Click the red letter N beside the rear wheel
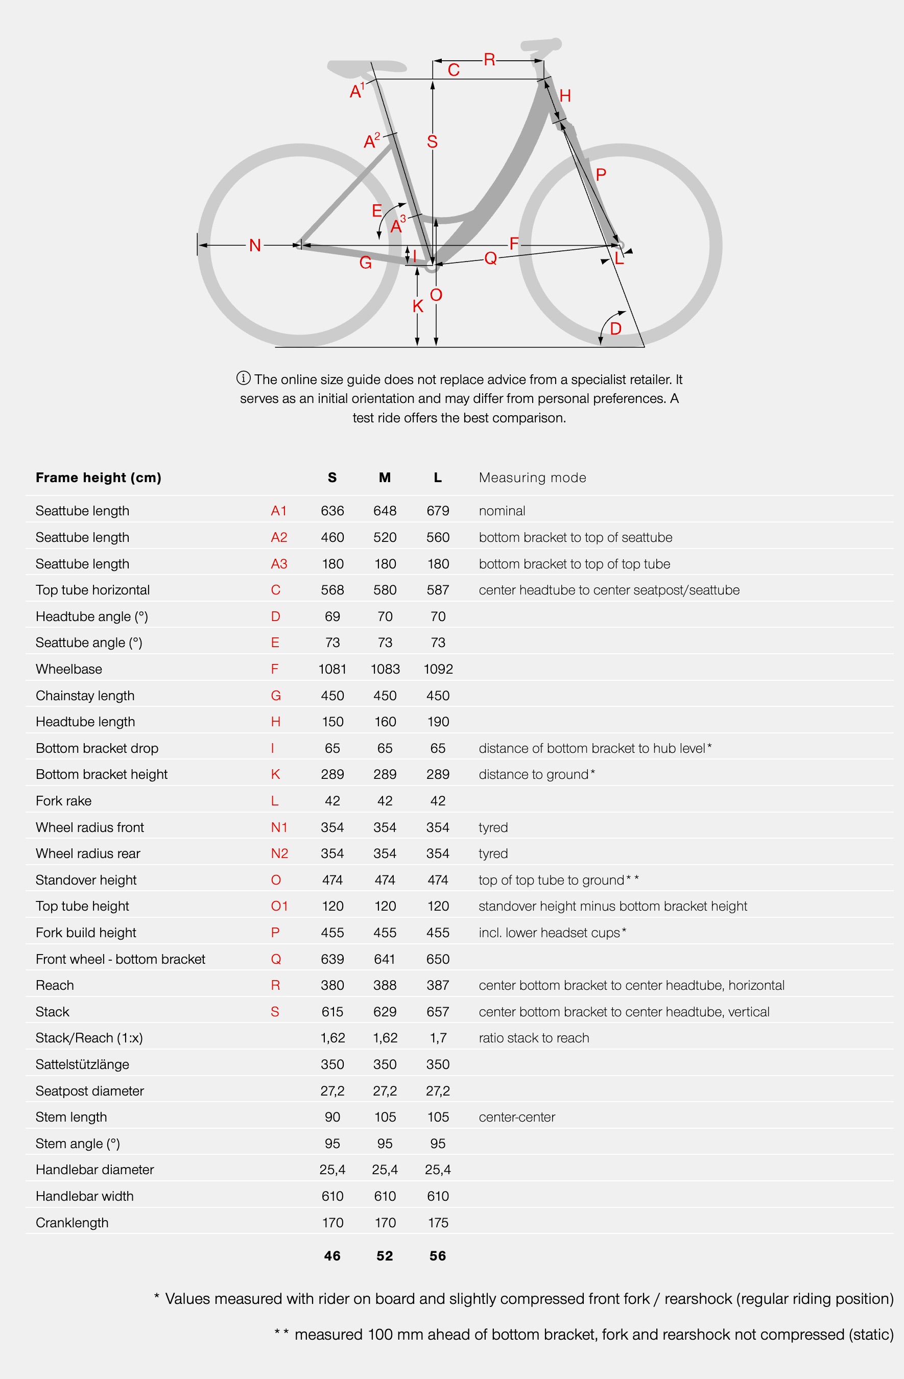point(254,246)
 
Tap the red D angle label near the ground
point(615,329)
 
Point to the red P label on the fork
point(601,174)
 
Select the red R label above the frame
point(490,60)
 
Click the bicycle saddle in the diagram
point(366,68)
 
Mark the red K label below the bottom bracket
point(418,306)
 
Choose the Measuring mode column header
point(532,478)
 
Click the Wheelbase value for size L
point(438,669)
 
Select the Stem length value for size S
point(332,1117)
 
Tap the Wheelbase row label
point(69,669)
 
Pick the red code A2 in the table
point(279,537)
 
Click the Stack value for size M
point(385,1012)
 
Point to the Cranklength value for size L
point(438,1223)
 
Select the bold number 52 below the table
point(385,1256)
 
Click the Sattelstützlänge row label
point(82,1064)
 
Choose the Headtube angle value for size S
point(332,616)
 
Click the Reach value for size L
point(438,985)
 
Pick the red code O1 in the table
point(279,906)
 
